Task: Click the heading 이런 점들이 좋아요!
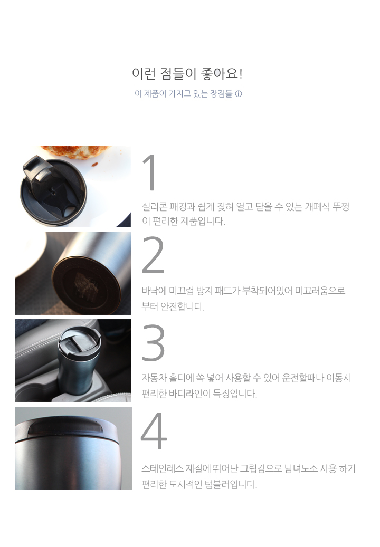[187, 74]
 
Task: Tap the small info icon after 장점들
[239, 94]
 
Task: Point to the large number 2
[153, 255]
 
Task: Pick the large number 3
[153, 342]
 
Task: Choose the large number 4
[154, 430]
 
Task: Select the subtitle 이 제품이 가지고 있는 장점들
[184, 94]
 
